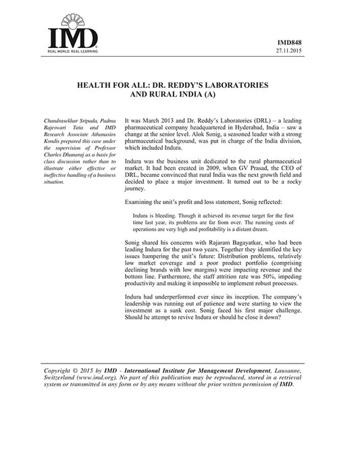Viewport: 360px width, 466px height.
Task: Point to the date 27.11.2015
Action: [295, 51]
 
